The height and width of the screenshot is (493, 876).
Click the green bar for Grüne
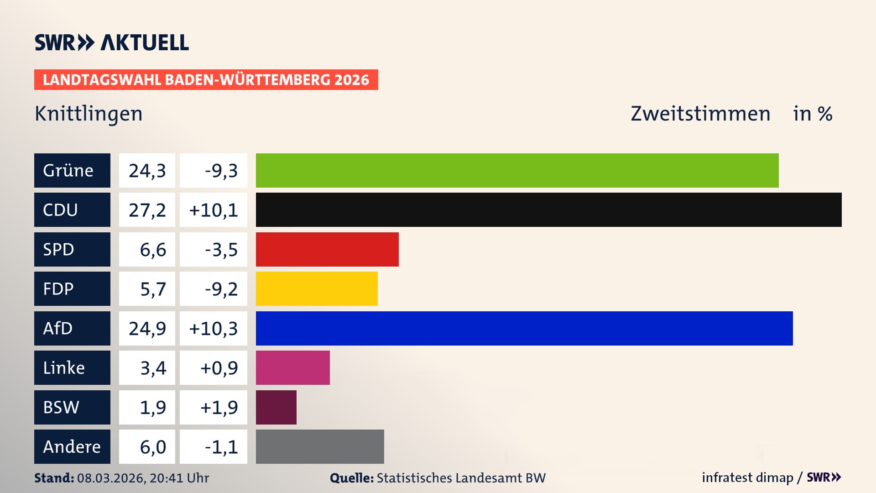(517, 170)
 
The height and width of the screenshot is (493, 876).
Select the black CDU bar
(548, 210)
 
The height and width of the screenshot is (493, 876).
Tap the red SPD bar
(327, 249)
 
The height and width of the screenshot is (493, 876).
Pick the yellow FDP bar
(317, 288)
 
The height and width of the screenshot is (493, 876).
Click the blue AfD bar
(524, 328)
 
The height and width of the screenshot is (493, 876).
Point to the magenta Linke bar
(292, 367)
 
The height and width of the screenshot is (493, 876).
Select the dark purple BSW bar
(276, 407)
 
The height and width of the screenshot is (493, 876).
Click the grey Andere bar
(320, 446)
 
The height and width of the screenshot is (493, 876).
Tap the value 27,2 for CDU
(147, 210)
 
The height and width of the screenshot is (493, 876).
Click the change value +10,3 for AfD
(214, 329)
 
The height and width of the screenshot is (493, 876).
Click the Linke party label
(72, 367)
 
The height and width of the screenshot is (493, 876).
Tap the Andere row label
(72, 446)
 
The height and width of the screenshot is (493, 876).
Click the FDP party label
(72, 288)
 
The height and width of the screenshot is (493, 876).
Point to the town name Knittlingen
(89, 114)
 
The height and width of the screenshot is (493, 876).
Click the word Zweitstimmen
(700, 114)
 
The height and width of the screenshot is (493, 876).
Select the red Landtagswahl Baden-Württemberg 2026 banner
(206, 79)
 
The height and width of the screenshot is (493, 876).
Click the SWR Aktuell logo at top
(112, 42)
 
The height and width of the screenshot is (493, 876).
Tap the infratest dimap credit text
(747, 477)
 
